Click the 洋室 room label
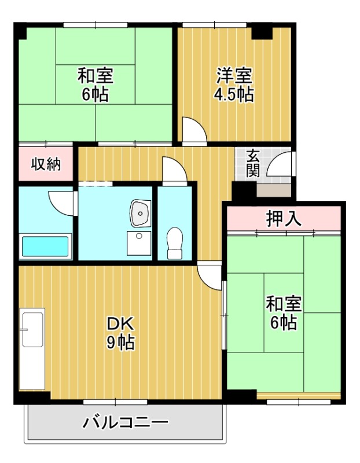[x=235, y=76]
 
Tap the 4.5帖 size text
[x=235, y=94]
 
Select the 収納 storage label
[x=46, y=164]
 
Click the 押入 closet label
[x=284, y=219]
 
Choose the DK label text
[x=120, y=323]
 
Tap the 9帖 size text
[x=120, y=342]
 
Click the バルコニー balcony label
[x=125, y=422]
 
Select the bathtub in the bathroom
[x=45, y=247]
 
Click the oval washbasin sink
[x=139, y=214]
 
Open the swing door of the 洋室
[x=192, y=129]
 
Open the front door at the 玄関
[x=280, y=164]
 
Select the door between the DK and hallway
[x=209, y=271]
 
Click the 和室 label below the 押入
[x=283, y=304]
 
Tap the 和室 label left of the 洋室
[x=95, y=76]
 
